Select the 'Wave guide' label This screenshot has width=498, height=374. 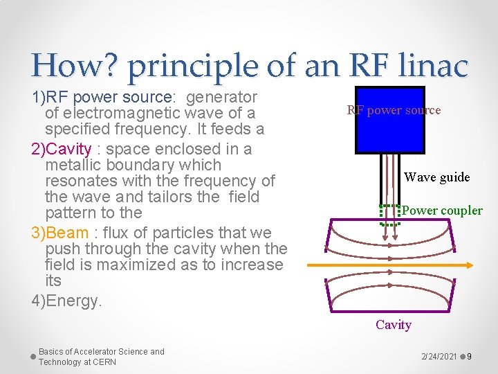click(436, 177)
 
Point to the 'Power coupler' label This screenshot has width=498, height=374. click(442, 210)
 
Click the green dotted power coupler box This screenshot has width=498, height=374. click(391, 215)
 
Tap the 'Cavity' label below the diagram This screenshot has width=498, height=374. click(394, 324)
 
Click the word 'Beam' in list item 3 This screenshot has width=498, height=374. click(68, 232)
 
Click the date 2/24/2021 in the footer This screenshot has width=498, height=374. click(439, 356)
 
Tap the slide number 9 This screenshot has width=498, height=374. click(469, 356)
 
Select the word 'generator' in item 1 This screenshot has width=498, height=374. click(222, 97)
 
